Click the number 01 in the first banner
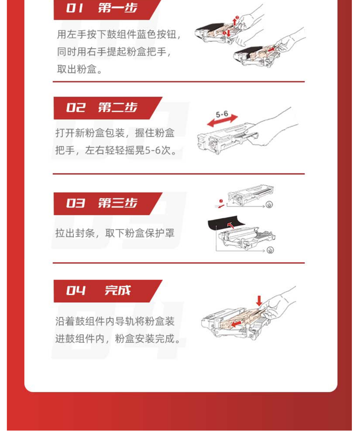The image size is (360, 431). coord(74,8)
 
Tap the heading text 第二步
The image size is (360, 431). coord(118,107)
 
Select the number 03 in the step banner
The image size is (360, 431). coord(75,203)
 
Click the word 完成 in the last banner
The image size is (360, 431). coord(118,290)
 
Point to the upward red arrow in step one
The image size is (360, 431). coord(234,21)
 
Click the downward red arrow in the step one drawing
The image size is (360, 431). coord(228,34)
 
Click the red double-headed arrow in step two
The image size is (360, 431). coord(222,121)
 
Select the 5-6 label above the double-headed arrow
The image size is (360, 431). coord(222,114)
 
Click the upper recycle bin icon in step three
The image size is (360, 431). coord(269,205)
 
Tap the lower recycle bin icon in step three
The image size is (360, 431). coord(270,250)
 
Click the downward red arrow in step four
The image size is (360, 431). coord(259,301)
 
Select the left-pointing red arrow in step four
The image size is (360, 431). coord(236,324)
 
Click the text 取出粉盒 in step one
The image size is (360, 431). coord(77,69)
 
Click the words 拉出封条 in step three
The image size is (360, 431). coord(75,233)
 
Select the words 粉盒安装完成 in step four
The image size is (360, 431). coord(145,338)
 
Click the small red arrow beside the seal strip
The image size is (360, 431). coord(221,206)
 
